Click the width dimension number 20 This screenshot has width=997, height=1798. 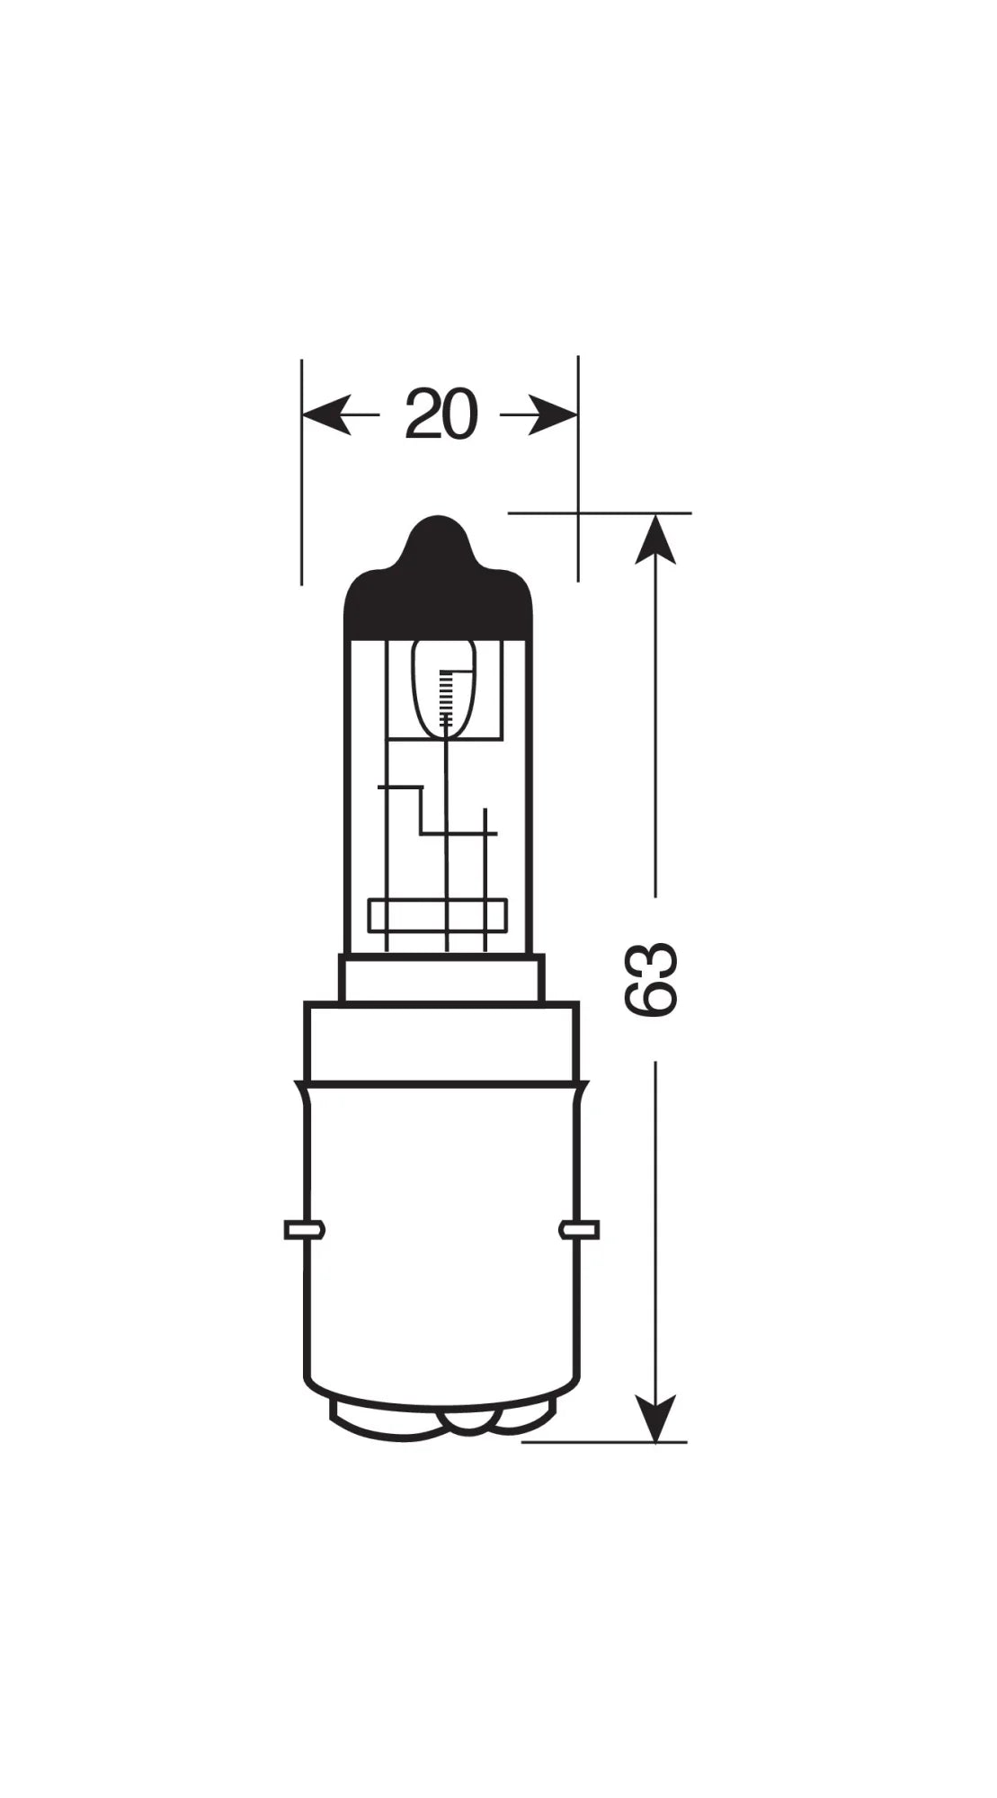pos(440,415)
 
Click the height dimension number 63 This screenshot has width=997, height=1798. pos(650,980)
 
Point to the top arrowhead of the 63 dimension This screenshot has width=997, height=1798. pos(655,539)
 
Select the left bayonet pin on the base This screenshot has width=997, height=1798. pos(304,1230)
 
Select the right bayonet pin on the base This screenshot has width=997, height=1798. pos(579,1229)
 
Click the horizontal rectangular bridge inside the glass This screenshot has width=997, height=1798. pos(438,915)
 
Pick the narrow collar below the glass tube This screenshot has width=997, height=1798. pos(441,978)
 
